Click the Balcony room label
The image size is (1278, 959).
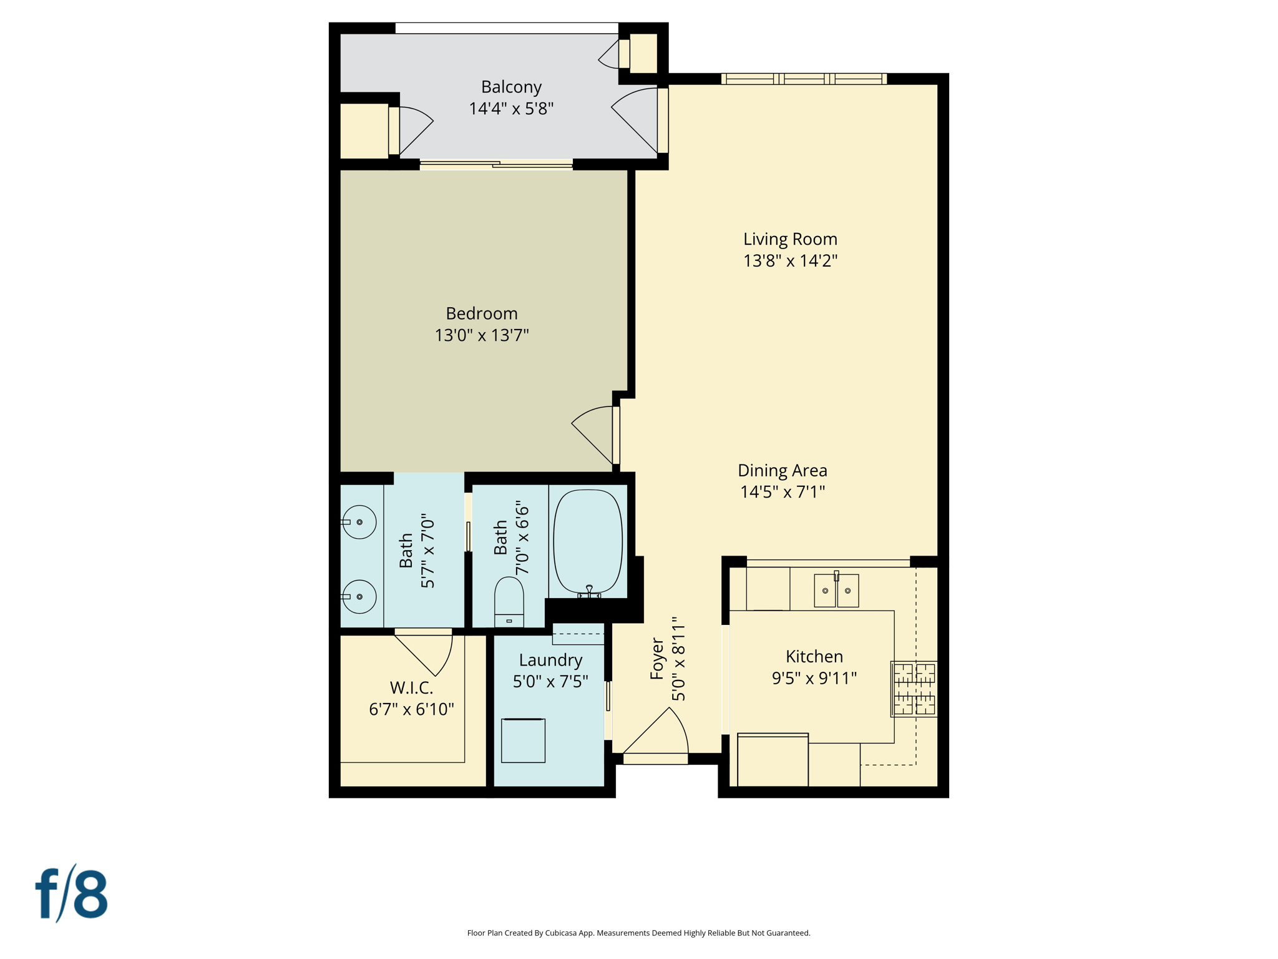(x=510, y=87)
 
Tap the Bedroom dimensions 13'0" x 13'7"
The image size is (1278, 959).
(x=481, y=335)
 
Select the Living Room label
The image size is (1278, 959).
(x=789, y=239)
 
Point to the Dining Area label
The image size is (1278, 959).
(x=782, y=470)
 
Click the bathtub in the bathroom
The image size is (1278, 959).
(x=588, y=541)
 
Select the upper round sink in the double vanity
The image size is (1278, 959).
(x=359, y=522)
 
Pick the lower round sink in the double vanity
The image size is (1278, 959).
(x=359, y=597)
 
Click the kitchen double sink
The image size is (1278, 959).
(x=836, y=591)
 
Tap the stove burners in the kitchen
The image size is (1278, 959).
(x=914, y=689)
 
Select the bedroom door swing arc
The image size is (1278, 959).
(x=591, y=434)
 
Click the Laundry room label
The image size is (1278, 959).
(x=550, y=660)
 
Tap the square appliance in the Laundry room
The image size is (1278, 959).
(x=523, y=740)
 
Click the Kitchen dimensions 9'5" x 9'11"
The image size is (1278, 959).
(x=814, y=678)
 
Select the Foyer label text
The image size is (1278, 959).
(x=657, y=659)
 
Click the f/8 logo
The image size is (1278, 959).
(x=71, y=894)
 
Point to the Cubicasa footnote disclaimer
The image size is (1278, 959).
(x=638, y=933)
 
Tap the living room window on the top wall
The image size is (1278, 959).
(x=804, y=79)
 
